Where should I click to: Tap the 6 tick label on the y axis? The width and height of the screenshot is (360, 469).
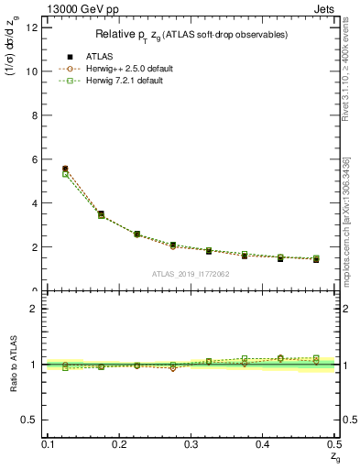coord(34,159)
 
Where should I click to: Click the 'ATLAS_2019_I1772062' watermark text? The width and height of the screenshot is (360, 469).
coord(191,273)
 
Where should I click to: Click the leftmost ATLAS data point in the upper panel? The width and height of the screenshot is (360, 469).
coord(65,169)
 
